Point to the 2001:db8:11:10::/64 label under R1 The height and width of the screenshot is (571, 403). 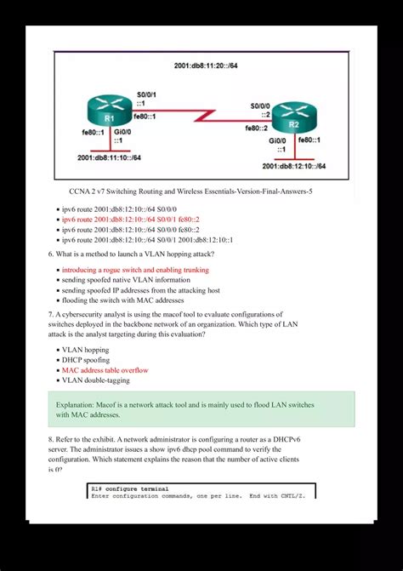tap(109, 157)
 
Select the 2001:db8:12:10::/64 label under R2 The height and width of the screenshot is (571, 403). tap(294, 166)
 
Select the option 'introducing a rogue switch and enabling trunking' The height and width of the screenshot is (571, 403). tap(135, 270)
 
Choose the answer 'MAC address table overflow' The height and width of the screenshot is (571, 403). tap(105, 370)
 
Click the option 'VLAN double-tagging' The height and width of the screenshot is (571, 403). tap(95, 380)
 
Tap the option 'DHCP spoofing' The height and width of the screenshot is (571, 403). tap(88, 360)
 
